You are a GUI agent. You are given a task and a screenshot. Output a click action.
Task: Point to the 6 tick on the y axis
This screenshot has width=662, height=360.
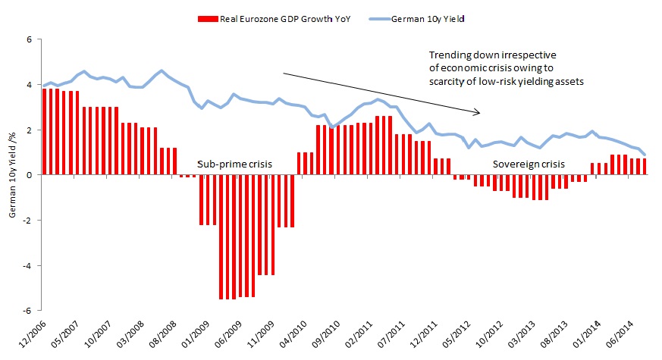30,39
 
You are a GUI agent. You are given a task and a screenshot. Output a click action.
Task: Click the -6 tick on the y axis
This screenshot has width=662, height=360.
29,311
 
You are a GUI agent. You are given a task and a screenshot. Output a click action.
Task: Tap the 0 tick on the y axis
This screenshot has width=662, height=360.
30,175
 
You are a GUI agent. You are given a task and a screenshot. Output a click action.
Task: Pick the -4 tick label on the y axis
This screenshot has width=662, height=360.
29,266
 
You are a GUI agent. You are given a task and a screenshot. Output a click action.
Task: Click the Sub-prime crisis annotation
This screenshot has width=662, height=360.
234,164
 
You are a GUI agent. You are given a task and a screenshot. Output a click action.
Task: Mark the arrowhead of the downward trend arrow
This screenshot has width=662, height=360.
478,113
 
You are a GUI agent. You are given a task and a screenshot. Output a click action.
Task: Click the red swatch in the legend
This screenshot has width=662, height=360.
206,18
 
